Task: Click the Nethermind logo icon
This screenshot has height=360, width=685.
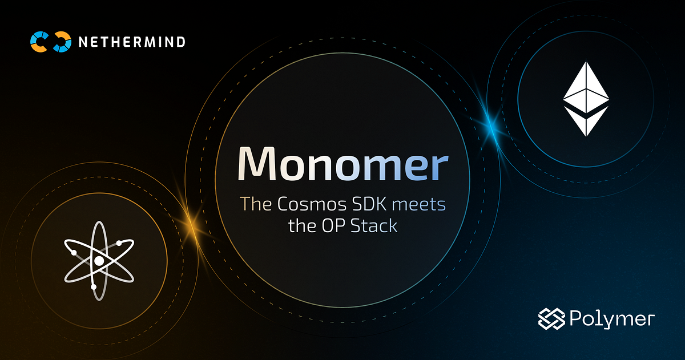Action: click(51, 42)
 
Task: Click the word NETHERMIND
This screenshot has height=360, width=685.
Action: click(132, 42)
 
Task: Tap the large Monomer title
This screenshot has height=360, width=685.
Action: click(342, 164)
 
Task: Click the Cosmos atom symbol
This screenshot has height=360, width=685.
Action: click(99, 261)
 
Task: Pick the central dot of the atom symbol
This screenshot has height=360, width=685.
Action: click(99, 261)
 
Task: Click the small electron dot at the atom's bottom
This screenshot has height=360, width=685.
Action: click(94, 286)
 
